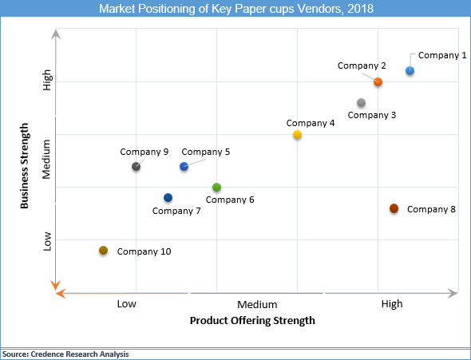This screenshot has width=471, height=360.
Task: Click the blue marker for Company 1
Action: tap(410, 71)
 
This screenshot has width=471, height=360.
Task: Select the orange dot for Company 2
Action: tap(378, 81)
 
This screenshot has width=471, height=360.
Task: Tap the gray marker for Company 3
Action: tap(362, 103)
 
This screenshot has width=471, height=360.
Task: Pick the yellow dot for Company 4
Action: tap(297, 135)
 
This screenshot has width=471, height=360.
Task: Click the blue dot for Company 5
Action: tap(184, 166)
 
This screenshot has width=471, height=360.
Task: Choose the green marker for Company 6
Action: tap(216, 188)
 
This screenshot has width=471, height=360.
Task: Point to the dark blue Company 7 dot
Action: tap(168, 198)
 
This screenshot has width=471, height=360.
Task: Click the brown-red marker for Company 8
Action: tap(394, 208)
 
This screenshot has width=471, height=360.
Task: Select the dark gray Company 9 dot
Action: tap(136, 166)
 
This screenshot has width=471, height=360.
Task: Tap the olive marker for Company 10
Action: tap(103, 251)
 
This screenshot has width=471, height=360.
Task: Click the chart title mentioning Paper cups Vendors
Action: tap(235, 10)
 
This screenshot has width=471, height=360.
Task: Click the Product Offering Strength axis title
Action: tap(252, 321)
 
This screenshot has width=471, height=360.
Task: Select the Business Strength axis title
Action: tap(25, 166)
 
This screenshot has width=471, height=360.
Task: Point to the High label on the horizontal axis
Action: tap(392, 304)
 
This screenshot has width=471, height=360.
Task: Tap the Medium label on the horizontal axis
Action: tap(257, 304)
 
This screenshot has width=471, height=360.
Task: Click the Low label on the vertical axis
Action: tap(47, 240)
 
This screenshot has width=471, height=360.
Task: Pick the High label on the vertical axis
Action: tap(47, 81)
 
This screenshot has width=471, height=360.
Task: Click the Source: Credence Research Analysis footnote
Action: tap(65, 354)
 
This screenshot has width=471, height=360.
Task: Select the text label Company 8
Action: tap(431, 209)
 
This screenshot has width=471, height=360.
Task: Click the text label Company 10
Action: tap(144, 251)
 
